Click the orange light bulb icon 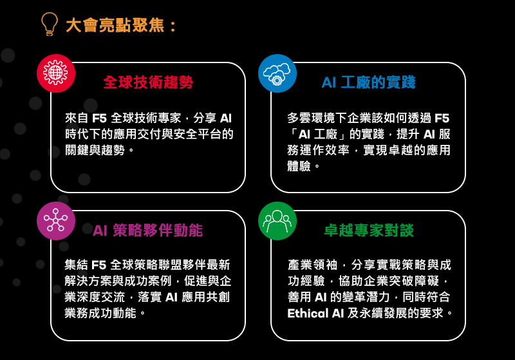click(50, 24)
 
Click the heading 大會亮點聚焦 click(121, 26)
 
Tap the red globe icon click(56, 73)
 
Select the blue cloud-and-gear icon click(277, 73)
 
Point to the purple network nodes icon click(56, 221)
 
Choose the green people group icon click(277, 221)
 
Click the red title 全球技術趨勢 click(148, 82)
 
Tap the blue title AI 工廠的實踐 click(368, 82)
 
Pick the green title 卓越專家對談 click(368, 231)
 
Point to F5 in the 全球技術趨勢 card click(99, 118)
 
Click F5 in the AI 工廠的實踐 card click(442, 118)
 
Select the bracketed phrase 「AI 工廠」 click(325, 135)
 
